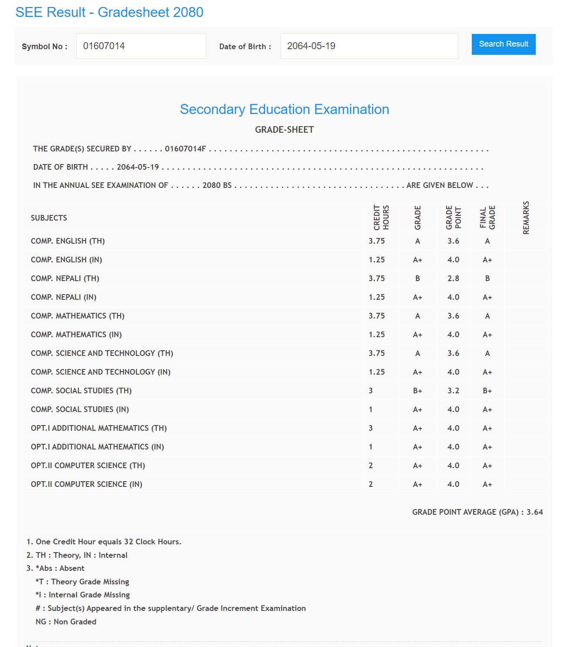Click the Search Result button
click(503, 44)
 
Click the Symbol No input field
click(141, 46)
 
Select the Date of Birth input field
click(369, 46)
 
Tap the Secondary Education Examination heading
click(284, 109)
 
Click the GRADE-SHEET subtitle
click(284, 130)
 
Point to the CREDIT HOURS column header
click(381, 218)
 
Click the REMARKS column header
click(526, 218)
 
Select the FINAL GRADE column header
click(487, 218)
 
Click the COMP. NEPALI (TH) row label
click(65, 278)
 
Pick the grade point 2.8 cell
click(453, 278)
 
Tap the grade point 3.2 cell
click(453, 391)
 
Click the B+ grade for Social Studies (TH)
click(417, 391)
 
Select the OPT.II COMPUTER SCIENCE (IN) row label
click(86, 484)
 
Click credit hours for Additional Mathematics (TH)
click(371, 428)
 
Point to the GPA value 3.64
click(534, 512)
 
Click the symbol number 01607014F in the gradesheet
click(185, 149)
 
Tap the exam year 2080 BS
click(217, 185)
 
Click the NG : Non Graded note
click(66, 622)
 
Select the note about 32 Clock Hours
click(104, 542)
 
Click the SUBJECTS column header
click(49, 218)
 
